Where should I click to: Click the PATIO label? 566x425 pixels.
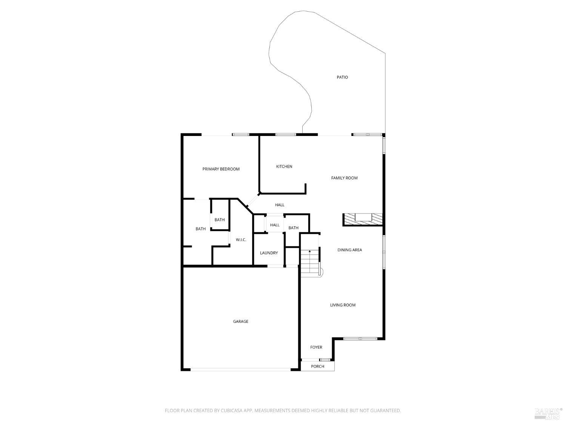coord(342,77)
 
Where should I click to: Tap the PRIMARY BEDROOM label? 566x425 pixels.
coord(221,169)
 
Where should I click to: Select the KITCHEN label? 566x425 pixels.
coord(284,167)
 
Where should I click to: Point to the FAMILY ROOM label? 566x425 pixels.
coord(344,178)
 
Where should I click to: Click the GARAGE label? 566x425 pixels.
coord(241,321)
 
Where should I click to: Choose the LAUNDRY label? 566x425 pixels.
coord(269,253)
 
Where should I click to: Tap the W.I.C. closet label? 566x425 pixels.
coord(241,240)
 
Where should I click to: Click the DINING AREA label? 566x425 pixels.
coord(350,250)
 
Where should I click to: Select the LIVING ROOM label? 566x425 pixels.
coord(343,305)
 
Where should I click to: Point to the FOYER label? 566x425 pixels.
coord(316,347)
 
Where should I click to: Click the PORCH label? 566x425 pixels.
coord(317,366)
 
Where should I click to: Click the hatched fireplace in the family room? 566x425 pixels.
coord(363,220)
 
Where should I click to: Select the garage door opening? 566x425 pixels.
coord(241,369)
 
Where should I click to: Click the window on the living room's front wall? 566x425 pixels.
coord(360,338)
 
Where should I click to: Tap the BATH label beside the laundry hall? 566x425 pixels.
coord(294,228)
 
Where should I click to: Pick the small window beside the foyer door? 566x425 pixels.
coord(325,360)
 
